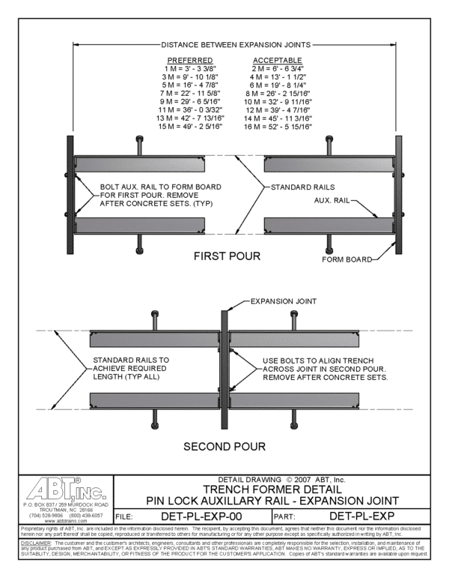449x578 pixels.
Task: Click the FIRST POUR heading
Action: (x=227, y=256)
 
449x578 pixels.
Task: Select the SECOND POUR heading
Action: (x=224, y=448)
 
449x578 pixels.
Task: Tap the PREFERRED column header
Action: (x=190, y=60)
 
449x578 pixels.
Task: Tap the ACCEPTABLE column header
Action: (x=278, y=60)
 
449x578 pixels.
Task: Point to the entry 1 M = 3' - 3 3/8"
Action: (x=190, y=68)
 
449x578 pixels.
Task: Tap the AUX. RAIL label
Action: (x=330, y=201)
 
